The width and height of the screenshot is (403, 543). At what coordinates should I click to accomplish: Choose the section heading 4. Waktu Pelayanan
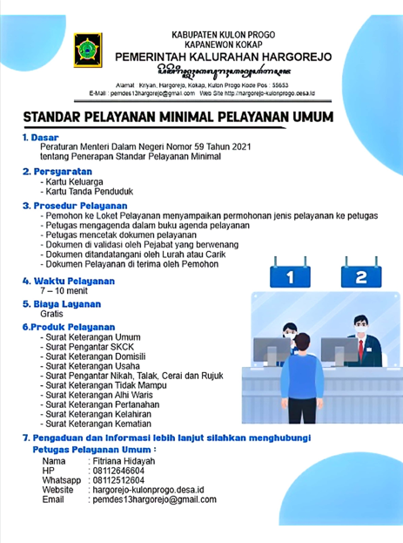point(69,281)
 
